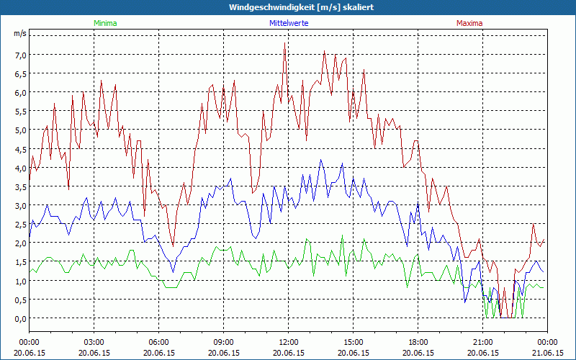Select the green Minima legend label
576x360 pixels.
pos(105,23)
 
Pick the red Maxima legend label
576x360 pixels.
pos(469,23)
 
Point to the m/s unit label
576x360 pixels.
pos(19,33)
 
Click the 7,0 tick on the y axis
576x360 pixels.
pos(19,55)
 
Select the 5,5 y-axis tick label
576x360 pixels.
pos(19,111)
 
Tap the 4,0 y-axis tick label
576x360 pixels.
pos(19,168)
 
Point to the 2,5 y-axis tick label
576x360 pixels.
pos(19,224)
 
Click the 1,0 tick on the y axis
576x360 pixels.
pos(19,281)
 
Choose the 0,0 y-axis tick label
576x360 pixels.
pos(19,318)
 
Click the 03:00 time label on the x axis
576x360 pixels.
pos(94,342)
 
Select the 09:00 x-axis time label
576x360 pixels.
pos(224,342)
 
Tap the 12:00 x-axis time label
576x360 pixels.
pos(289,342)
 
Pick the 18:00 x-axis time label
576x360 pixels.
pos(418,342)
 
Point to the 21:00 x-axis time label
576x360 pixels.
pos(483,342)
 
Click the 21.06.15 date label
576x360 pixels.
pos(548,353)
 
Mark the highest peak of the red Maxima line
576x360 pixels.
pos(285,44)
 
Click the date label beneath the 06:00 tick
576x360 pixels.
pos(159,353)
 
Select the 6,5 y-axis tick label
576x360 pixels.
pos(19,73)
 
